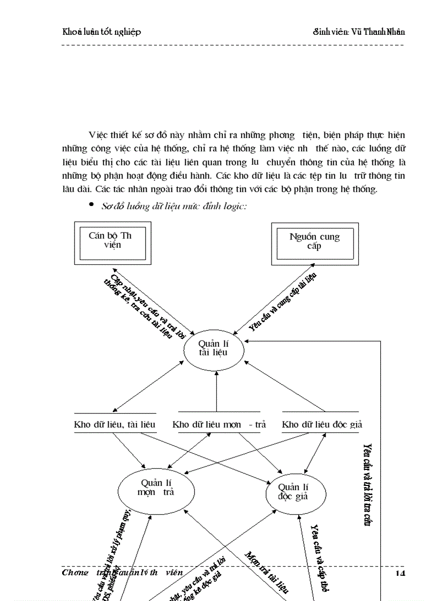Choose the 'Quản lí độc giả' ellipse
296,491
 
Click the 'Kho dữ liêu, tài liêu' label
115,424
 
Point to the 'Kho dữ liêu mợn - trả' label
219,424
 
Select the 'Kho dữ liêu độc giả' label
322,424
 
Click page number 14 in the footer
400,573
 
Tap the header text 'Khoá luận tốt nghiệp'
102,32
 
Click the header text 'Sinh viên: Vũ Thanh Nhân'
359,32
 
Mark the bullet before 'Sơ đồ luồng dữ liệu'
92,206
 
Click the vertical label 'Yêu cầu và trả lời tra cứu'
367,485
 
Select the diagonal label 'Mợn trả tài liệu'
267,572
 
